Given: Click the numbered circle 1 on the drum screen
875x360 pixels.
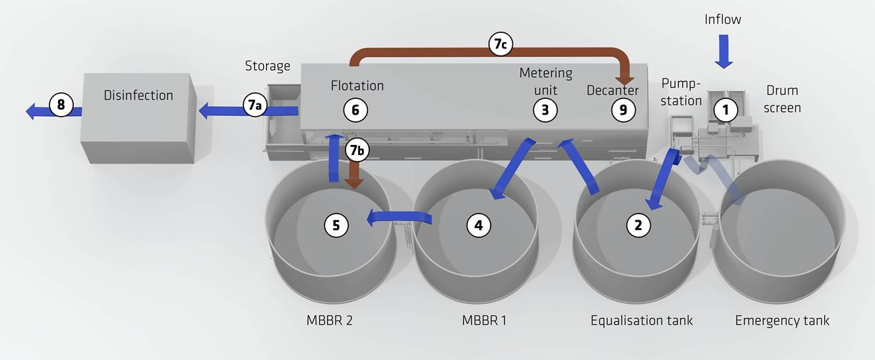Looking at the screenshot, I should point(725,111).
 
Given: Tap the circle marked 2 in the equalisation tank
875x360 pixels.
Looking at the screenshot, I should point(638,225).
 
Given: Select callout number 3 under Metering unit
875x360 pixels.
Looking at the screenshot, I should point(545,110).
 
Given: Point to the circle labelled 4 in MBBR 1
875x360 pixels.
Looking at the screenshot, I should point(479,225).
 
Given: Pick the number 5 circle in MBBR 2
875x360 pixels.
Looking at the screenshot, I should point(336,225).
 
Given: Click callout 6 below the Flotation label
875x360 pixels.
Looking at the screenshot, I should point(355,110).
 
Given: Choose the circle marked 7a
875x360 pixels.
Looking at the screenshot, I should point(255,105).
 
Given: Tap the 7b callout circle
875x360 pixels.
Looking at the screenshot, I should point(357,151).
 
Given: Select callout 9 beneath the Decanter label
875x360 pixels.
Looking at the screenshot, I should point(622,110).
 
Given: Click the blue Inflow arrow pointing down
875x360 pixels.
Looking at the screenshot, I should point(724,51).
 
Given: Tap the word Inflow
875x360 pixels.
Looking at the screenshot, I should point(723,20).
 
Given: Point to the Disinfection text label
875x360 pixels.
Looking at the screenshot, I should point(138,96).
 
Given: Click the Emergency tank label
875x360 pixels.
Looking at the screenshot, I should point(782,321).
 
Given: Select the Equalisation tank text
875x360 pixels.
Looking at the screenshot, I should point(642,321).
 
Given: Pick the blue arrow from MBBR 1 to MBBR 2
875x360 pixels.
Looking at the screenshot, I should point(398,216).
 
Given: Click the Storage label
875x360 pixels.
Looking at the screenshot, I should point(268,66).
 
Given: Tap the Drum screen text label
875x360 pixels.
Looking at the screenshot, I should point(783,99).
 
